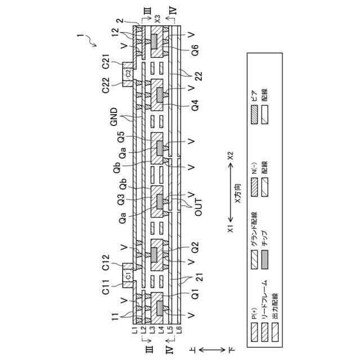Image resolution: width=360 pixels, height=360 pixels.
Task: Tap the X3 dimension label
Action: [x=157, y=18]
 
